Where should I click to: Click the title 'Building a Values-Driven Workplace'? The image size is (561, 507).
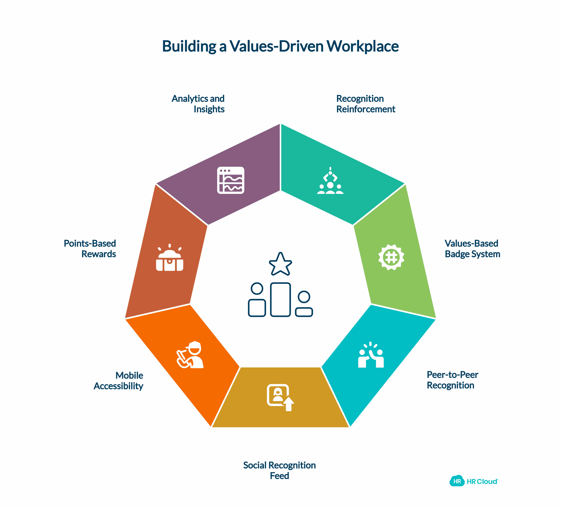tap(280, 46)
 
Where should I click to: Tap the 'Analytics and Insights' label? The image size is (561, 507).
tap(198, 104)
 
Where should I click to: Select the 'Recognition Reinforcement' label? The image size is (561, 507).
tap(365, 104)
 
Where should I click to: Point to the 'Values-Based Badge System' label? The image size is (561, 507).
tap(472, 249)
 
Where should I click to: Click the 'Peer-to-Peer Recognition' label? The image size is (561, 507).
tap(452, 380)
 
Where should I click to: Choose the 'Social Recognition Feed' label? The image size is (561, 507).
tap(279, 471)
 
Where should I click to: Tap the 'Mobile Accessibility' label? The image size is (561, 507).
tap(119, 381)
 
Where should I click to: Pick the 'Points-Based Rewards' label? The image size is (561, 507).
tap(90, 249)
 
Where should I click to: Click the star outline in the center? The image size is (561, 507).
tap(280, 264)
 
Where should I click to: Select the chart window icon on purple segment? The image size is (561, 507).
tap(231, 180)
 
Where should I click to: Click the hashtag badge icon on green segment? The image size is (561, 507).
tap(391, 257)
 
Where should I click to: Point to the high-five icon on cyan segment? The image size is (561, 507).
tap(371, 355)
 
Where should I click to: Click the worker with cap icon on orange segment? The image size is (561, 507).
tap(190, 355)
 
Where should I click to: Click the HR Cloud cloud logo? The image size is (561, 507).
tap(457, 481)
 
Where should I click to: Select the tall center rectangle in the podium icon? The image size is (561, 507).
tap(280, 300)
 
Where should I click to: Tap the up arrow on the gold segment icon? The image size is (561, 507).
tap(289, 404)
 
